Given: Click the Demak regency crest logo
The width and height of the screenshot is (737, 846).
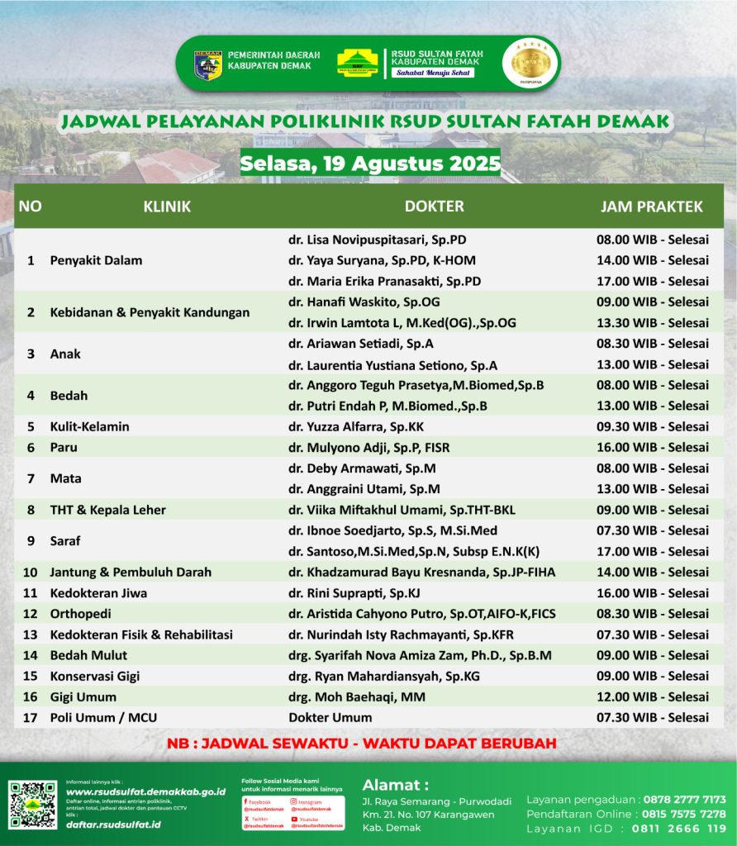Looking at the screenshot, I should coord(208,64).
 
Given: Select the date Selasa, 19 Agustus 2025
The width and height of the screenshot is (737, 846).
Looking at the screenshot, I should coord(370,163).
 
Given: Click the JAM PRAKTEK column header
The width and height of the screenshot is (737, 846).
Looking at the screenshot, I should coord(652,206).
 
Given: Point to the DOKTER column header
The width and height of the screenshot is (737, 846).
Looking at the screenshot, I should coord(434,206).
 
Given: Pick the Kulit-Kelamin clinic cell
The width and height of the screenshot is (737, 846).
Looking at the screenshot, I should coord(90,426).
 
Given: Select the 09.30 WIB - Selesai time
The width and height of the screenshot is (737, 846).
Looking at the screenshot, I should coord(652,426).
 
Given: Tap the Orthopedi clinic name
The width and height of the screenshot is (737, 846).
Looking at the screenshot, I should coord(80,614).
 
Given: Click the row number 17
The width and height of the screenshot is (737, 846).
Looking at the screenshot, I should coord(31,717).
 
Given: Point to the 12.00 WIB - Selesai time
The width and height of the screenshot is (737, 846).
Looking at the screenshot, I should coord(652,696).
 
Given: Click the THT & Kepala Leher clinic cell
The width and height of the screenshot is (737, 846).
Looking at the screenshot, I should coord(108,510).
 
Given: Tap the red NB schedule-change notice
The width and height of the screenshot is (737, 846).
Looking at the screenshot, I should coord(361,743).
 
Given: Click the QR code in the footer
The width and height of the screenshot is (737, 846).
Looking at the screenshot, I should coord(33,805).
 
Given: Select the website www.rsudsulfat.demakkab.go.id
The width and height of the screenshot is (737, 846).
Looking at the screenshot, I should coord(145,791).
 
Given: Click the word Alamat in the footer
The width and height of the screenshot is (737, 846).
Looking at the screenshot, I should coord(395,784).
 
